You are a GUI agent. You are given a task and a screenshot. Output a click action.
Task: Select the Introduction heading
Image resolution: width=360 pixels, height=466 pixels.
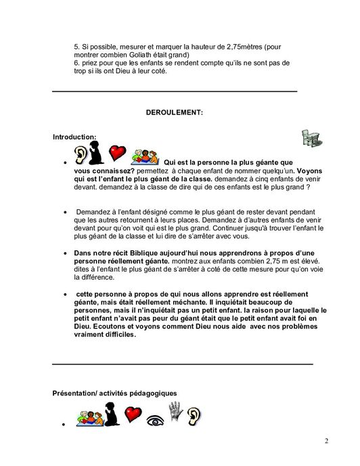click(x=74, y=137)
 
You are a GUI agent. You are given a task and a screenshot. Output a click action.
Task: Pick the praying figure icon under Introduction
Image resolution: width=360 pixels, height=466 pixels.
click(x=99, y=154)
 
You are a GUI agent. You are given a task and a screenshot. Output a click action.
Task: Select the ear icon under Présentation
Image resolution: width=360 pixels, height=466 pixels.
click(x=194, y=414)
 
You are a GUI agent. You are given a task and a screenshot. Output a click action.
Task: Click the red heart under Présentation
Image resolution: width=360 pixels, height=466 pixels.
click(x=133, y=414)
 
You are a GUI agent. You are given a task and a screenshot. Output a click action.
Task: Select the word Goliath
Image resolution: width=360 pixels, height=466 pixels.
click(x=142, y=54)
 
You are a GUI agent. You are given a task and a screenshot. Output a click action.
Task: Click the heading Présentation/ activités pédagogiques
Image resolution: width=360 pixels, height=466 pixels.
click(x=114, y=393)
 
